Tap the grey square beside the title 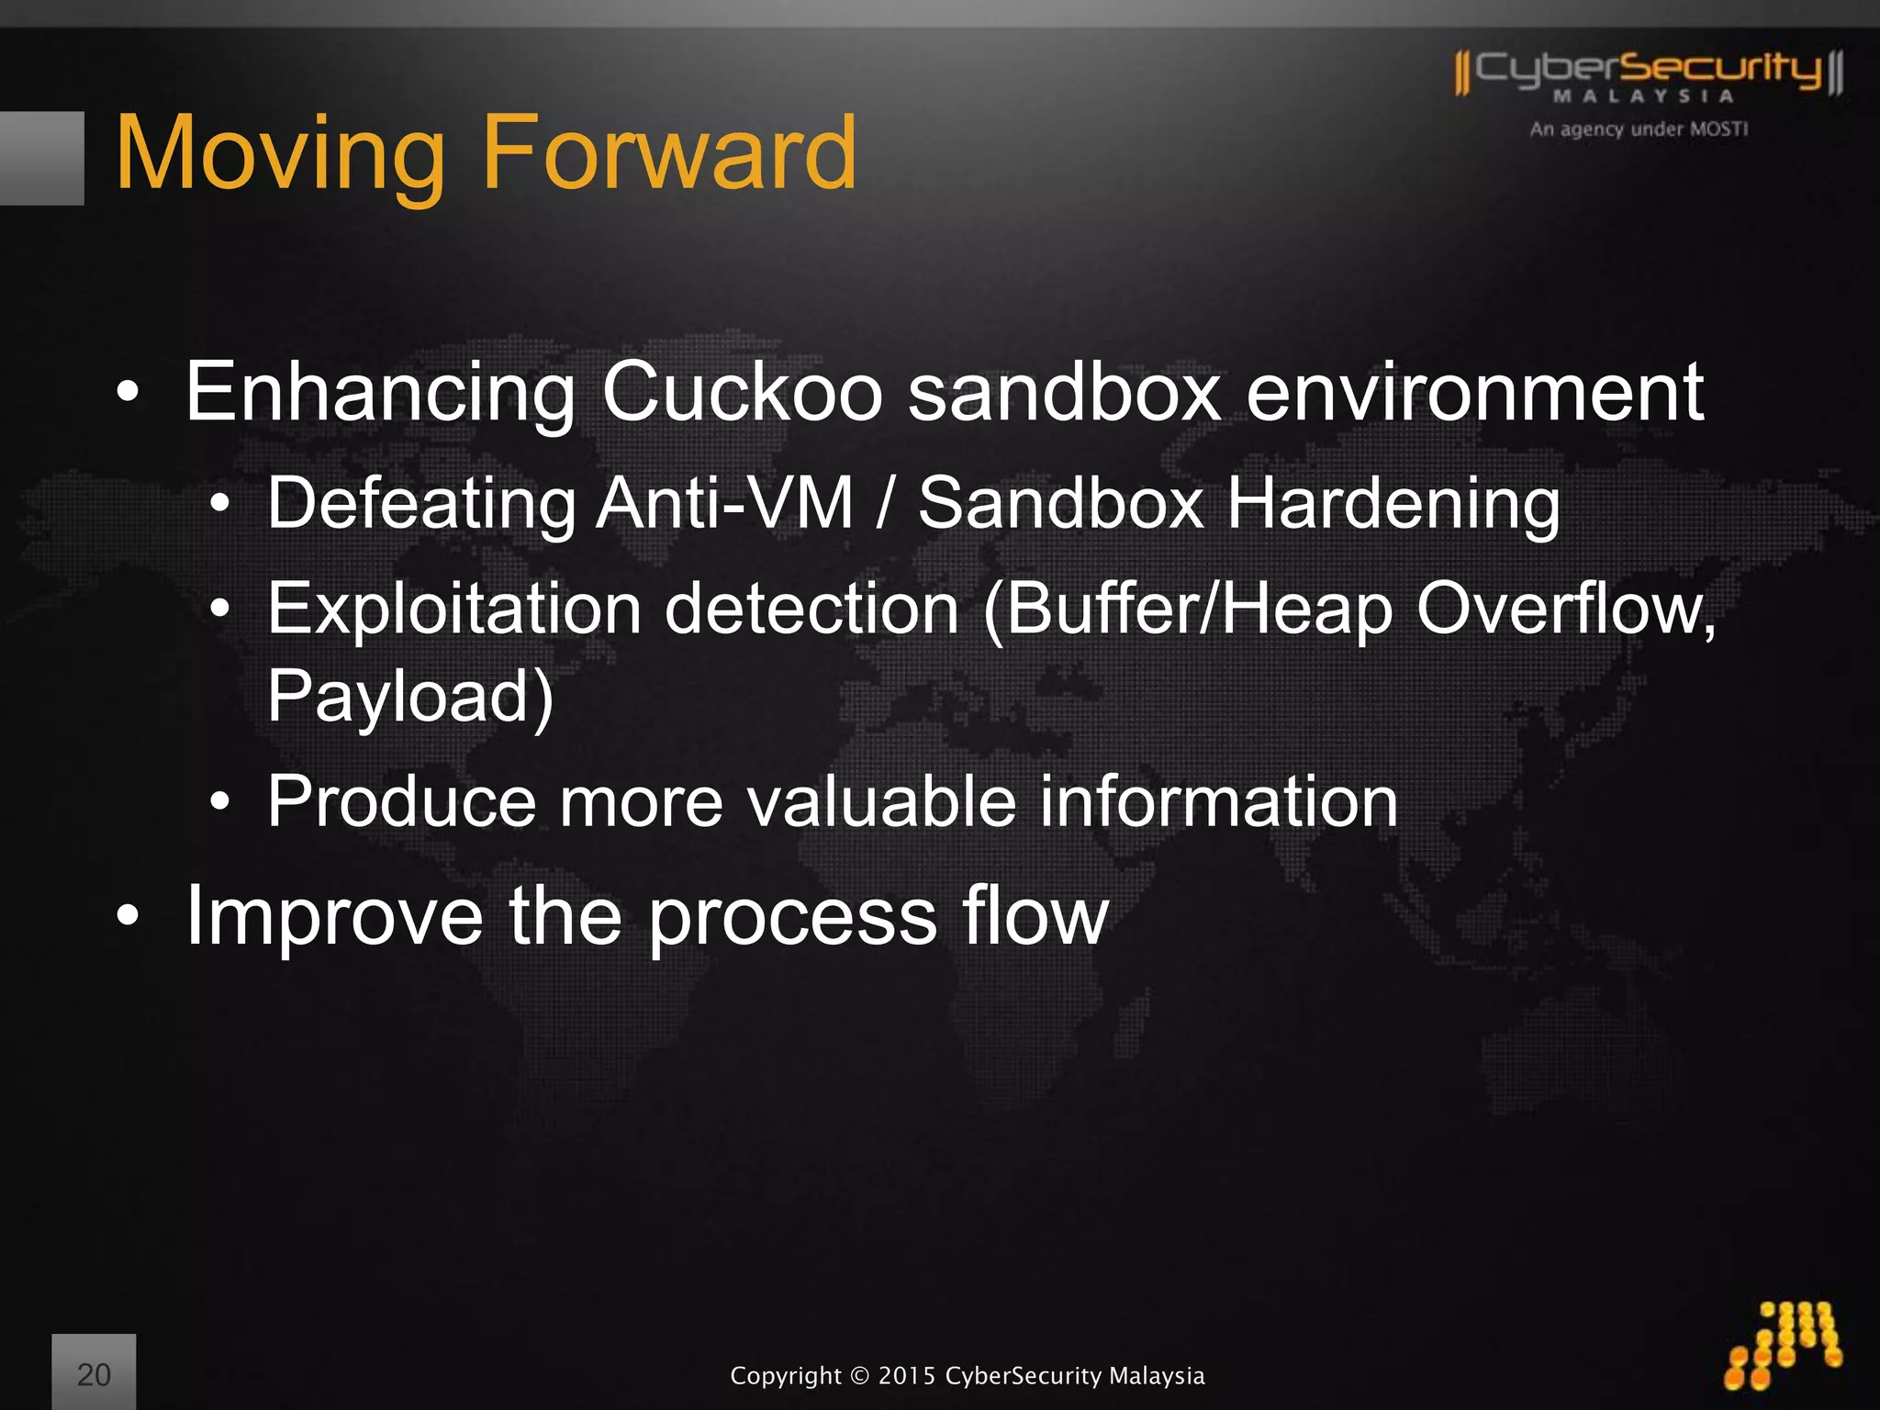pyautogui.click(x=41, y=158)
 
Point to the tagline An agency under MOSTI pyautogui.click(x=1639, y=129)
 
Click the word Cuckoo pyautogui.click(x=742, y=393)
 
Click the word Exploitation pyautogui.click(x=454, y=609)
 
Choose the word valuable pyautogui.click(x=881, y=801)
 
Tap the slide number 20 pyautogui.click(x=94, y=1374)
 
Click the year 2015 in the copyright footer pyautogui.click(x=906, y=1376)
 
